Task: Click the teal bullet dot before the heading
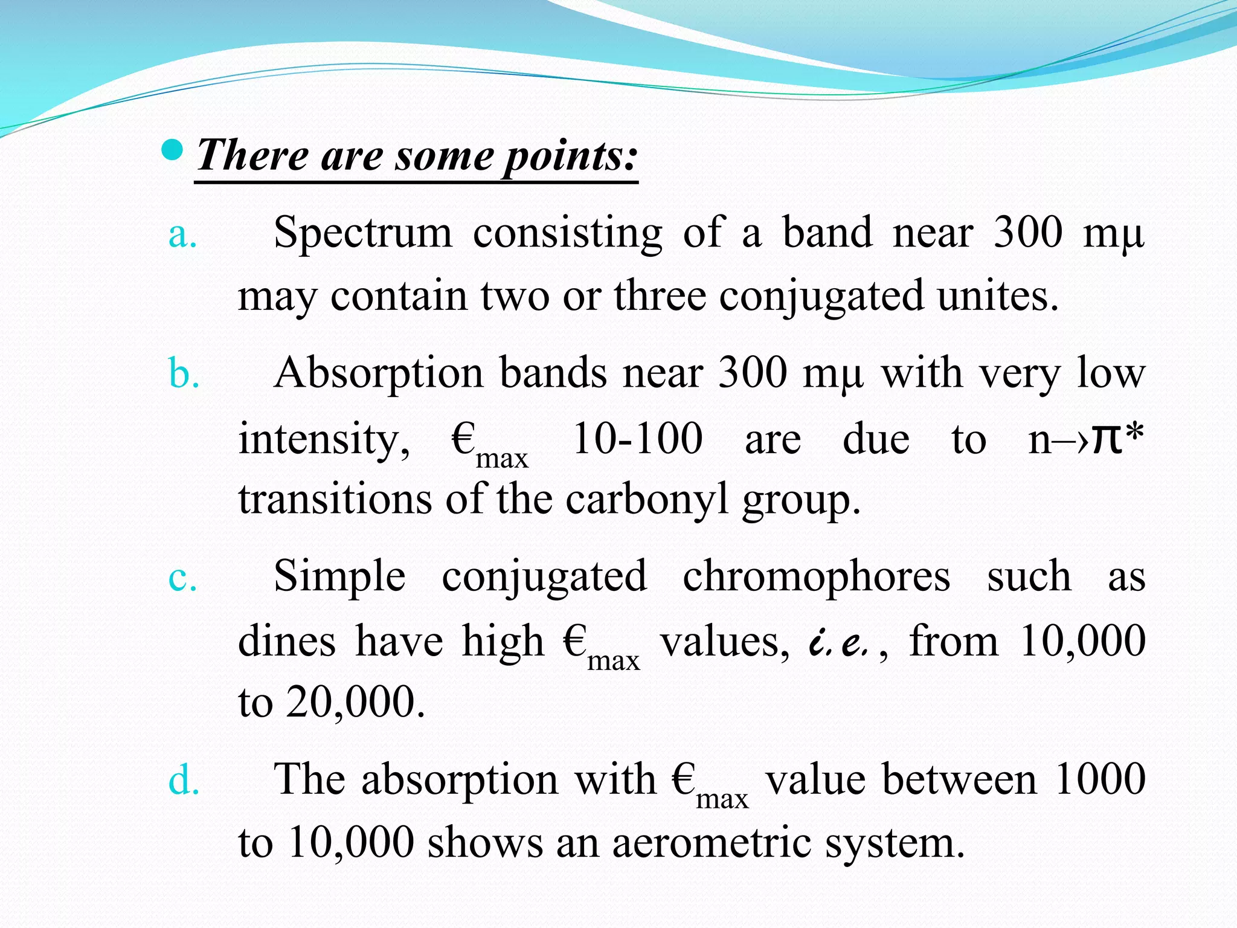pos(173,150)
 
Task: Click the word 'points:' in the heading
pos(570,156)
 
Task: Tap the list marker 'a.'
pos(183,234)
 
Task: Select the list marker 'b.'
pos(184,374)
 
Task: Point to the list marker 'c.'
pos(182,578)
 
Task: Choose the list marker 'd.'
pos(184,780)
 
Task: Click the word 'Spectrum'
pos(362,234)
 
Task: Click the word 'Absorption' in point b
pos(378,374)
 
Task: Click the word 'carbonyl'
pos(647,501)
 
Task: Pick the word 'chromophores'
pos(817,578)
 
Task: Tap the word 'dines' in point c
pos(287,641)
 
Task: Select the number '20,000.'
pos(356,703)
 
